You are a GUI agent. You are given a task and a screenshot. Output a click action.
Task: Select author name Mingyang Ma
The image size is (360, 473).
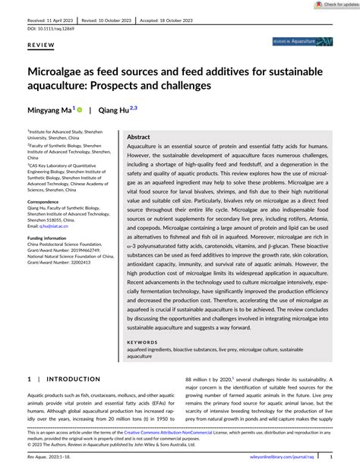(51, 111)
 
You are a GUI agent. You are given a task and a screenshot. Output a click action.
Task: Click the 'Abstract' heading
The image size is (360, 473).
(139, 137)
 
